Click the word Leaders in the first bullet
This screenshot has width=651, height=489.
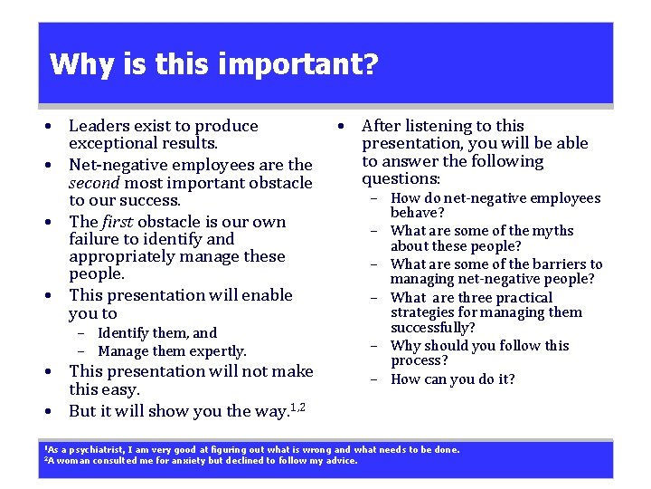tap(99, 126)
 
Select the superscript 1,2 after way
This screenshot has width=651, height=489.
tap(297, 407)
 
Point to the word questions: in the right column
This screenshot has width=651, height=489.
tap(401, 179)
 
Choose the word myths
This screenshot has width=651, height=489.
tap(553, 231)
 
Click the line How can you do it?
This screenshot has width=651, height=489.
tap(452, 379)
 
